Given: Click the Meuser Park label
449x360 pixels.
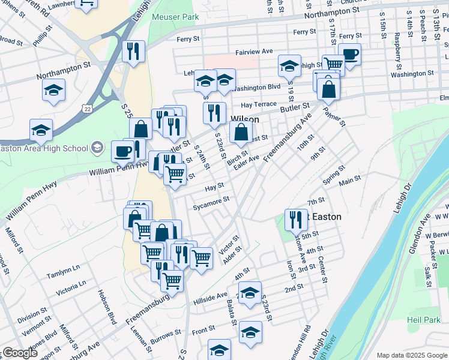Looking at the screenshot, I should (175, 17).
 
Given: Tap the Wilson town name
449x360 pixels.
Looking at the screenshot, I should (245, 119).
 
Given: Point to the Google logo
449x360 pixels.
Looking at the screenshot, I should (19, 353).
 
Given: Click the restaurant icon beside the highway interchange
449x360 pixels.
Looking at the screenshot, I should (133, 52).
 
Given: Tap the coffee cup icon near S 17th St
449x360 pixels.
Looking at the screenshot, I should (349, 55).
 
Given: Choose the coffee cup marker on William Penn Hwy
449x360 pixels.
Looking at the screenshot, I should (122, 151).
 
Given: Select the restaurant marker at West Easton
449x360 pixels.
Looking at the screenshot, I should (295, 220).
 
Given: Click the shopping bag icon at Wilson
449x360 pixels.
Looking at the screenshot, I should (240, 133).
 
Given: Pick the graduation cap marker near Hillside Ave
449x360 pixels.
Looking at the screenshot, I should (250, 293).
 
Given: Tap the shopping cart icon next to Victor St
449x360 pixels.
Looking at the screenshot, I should (201, 259).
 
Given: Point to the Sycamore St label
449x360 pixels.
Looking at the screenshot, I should (211, 203).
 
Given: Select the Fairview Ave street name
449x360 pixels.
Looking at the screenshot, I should (254, 52).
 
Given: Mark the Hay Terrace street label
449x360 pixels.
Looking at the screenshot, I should (258, 104).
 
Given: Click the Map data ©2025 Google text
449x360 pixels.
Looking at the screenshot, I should (411, 355).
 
